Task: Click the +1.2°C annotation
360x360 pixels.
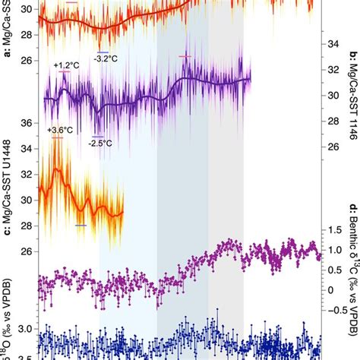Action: coord(66,66)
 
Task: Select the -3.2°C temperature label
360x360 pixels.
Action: coord(106,57)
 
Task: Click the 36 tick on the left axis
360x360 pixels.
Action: coord(26,122)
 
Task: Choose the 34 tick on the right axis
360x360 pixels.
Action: coord(332,44)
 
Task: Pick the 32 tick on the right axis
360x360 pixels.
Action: coord(332,70)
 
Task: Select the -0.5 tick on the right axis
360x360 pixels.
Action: coord(334,309)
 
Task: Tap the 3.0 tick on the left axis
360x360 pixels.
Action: coord(24,329)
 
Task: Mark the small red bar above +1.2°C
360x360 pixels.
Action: coord(67,74)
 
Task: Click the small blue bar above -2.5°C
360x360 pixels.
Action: coord(95,134)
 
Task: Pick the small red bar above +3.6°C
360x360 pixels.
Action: coord(57,137)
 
